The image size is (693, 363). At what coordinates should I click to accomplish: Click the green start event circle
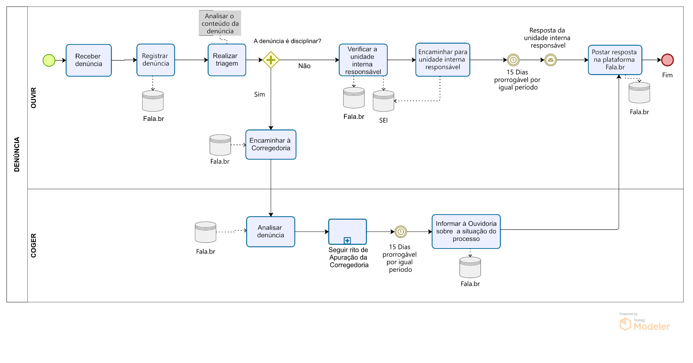(49, 60)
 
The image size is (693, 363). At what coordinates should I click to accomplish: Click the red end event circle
(667, 60)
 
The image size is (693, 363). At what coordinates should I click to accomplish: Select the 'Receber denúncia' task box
(89, 60)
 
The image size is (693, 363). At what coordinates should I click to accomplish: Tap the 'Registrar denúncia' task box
(156, 60)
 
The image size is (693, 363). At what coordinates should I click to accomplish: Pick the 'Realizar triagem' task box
(227, 60)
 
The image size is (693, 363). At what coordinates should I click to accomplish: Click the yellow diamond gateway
(271, 60)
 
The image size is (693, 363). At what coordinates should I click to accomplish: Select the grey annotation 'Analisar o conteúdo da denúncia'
(220, 23)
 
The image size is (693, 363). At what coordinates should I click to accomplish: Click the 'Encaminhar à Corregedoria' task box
(271, 144)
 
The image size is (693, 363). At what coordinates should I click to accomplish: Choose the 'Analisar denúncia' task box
(270, 232)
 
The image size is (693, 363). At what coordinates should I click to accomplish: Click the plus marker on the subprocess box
(347, 241)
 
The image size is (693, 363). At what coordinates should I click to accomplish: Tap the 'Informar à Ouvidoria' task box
(466, 232)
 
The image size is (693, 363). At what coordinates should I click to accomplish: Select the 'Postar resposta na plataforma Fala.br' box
(615, 60)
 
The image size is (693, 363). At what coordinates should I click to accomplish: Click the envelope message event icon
(550, 60)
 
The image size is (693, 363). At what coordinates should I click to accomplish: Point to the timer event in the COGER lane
(400, 232)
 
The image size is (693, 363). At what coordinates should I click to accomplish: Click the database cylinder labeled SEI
(383, 101)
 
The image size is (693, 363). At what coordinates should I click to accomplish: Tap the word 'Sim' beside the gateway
(259, 95)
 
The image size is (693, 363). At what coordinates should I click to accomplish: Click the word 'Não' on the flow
(304, 66)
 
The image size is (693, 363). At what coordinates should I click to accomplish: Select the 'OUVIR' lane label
(34, 98)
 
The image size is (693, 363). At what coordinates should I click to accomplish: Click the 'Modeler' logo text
(651, 327)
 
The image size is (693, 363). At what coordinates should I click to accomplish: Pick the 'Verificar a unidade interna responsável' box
(363, 60)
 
